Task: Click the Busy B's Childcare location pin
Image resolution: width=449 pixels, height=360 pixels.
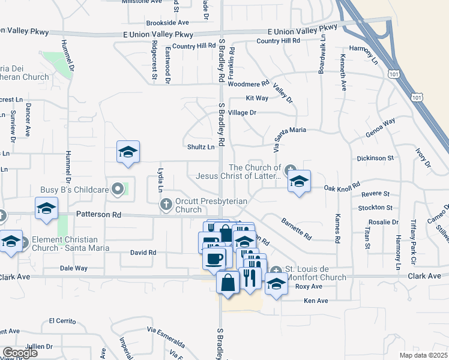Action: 118,190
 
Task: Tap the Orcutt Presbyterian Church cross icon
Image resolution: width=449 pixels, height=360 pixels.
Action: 166,205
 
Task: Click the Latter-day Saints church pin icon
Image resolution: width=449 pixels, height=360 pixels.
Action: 290,170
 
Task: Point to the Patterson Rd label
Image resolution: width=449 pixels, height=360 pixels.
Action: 98,214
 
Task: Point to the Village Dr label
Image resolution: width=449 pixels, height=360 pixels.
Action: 242,112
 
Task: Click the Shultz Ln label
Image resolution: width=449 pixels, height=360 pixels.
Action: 202,146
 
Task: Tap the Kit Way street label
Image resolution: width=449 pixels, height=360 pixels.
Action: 257,98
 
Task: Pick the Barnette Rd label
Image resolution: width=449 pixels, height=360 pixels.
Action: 296,228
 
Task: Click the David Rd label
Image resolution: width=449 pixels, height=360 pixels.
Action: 143,253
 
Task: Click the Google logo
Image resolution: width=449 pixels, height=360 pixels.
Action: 20,353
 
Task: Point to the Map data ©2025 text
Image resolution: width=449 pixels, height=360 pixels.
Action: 423,355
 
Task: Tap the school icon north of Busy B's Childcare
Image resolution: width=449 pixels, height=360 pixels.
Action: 128,152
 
